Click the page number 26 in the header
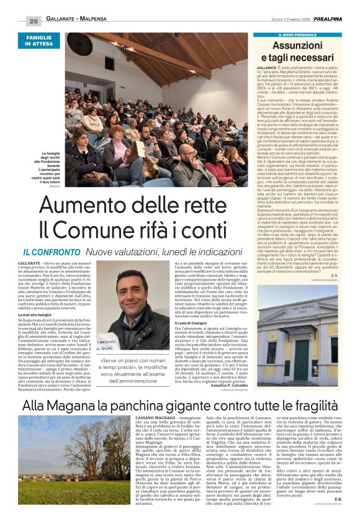34,21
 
